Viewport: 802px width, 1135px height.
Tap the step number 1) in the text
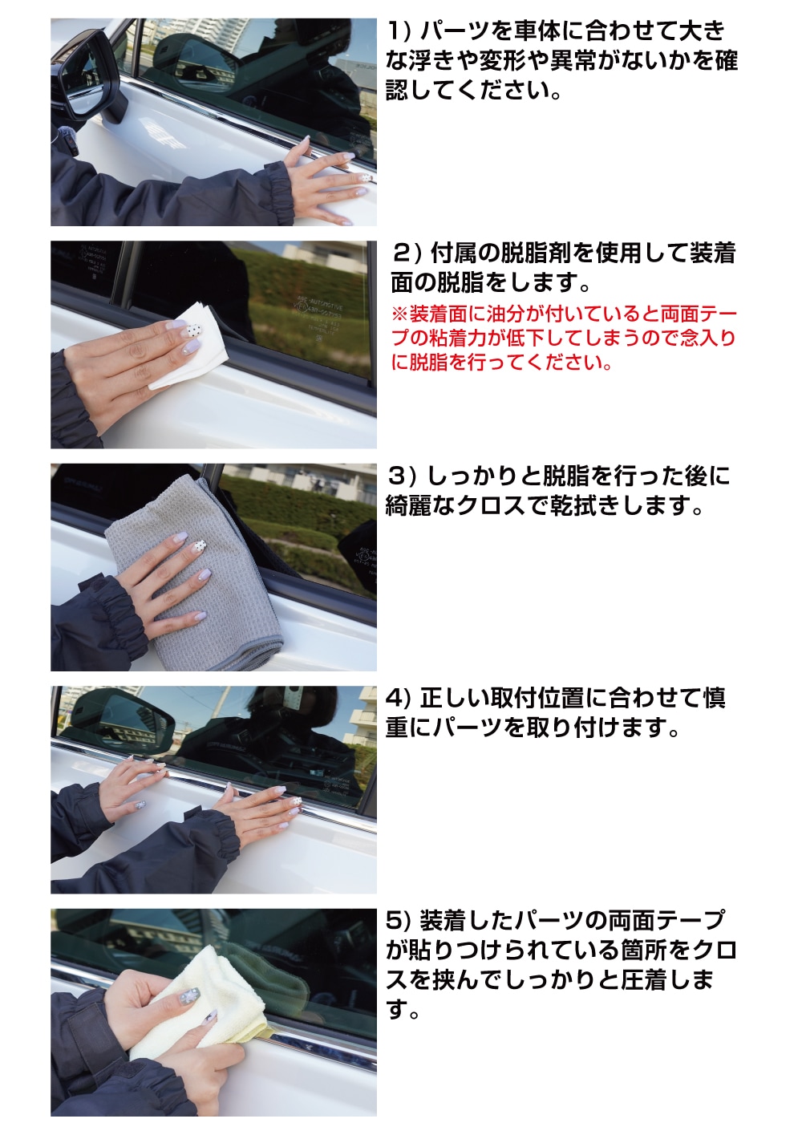tap(399, 31)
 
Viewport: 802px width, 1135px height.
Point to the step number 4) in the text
tap(399, 699)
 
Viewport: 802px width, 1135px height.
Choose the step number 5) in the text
tap(399, 921)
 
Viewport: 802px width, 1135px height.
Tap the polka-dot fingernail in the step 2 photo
tap(195, 328)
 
